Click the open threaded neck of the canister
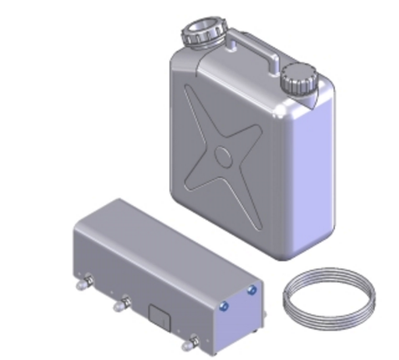coord(202,34)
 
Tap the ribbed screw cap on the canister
coord(298,78)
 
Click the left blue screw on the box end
coord(224,306)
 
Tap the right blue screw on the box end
coord(252,291)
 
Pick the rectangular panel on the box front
coord(159,315)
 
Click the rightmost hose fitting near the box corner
coord(187,341)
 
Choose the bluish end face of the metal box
coord(238,316)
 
